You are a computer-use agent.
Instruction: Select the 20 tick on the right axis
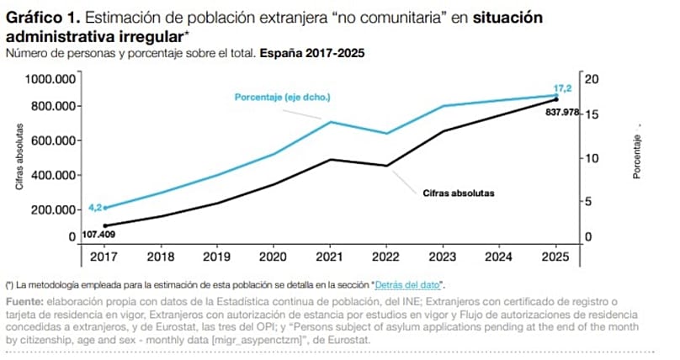point(592,79)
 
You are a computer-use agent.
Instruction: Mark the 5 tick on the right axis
point(589,201)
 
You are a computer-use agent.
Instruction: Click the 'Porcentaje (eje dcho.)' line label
point(282,98)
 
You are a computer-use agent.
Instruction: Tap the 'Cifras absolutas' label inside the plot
point(459,193)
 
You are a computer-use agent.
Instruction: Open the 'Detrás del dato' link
point(410,286)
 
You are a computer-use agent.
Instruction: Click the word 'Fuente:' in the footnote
point(24,302)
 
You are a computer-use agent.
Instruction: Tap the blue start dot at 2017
point(105,208)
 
